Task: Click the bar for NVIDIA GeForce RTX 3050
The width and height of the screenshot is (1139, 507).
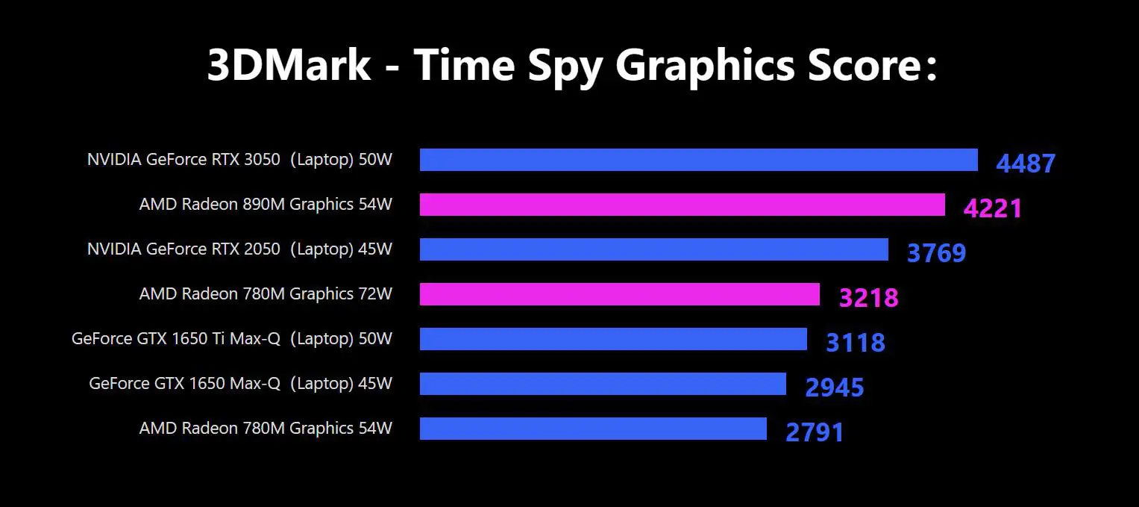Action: click(698, 160)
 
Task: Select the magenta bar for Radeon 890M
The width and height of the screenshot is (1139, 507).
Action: click(682, 205)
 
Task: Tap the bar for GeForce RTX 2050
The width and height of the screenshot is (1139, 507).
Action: click(653, 249)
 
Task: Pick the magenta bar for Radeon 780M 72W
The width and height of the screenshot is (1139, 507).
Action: click(619, 294)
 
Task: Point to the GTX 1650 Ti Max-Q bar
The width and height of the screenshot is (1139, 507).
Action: click(613, 339)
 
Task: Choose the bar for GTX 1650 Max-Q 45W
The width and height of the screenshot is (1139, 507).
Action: click(603, 384)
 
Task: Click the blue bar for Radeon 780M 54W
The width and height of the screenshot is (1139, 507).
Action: click(593, 429)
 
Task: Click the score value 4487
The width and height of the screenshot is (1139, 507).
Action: click(1026, 164)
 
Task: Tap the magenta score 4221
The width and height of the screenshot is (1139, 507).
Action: click(992, 208)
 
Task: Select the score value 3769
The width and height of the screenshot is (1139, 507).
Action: click(936, 253)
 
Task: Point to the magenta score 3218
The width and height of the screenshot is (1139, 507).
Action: click(868, 298)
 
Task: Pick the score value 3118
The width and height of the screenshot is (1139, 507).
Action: click(855, 343)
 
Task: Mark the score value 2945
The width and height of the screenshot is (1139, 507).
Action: click(834, 388)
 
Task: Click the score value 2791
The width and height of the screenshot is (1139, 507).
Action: click(815, 432)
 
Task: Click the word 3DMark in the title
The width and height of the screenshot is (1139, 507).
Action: click(289, 65)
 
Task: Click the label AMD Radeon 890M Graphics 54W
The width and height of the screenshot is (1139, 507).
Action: click(266, 205)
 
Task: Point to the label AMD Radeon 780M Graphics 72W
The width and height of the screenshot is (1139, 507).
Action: click(266, 294)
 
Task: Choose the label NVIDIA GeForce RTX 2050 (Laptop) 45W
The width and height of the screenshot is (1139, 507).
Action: click(239, 249)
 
